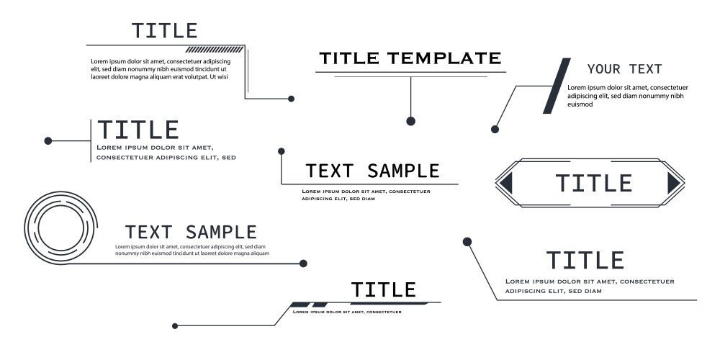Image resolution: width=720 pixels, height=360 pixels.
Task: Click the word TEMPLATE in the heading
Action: (x=445, y=58)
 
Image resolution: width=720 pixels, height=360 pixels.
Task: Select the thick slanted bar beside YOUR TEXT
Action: (x=557, y=86)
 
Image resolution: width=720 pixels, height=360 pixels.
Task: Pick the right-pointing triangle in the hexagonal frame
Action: (x=674, y=184)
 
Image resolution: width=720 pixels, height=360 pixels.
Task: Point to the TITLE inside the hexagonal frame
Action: (x=593, y=184)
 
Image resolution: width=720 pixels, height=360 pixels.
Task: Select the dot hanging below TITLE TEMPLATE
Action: (x=410, y=121)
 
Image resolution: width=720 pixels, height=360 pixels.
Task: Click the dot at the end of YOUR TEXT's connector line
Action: (x=495, y=130)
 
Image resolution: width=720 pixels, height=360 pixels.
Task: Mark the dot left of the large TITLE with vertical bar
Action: (x=48, y=140)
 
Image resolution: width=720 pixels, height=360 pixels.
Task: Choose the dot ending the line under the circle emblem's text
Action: (x=303, y=264)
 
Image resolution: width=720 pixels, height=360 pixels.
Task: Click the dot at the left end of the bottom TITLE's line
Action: (x=175, y=326)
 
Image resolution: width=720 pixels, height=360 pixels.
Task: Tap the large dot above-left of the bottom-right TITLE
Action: (x=467, y=241)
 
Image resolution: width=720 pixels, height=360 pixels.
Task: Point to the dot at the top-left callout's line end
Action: (x=291, y=99)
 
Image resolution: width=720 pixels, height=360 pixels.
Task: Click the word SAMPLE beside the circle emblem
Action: (x=220, y=233)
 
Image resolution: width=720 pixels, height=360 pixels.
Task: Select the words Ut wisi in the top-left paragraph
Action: (x=218, y=76)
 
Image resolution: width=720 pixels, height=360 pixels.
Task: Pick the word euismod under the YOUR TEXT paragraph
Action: (x=580, y=104)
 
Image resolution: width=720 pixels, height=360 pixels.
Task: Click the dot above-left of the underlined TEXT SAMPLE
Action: (x=281, y=151)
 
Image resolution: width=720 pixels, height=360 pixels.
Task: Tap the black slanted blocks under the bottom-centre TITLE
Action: (x=309, y=305)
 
